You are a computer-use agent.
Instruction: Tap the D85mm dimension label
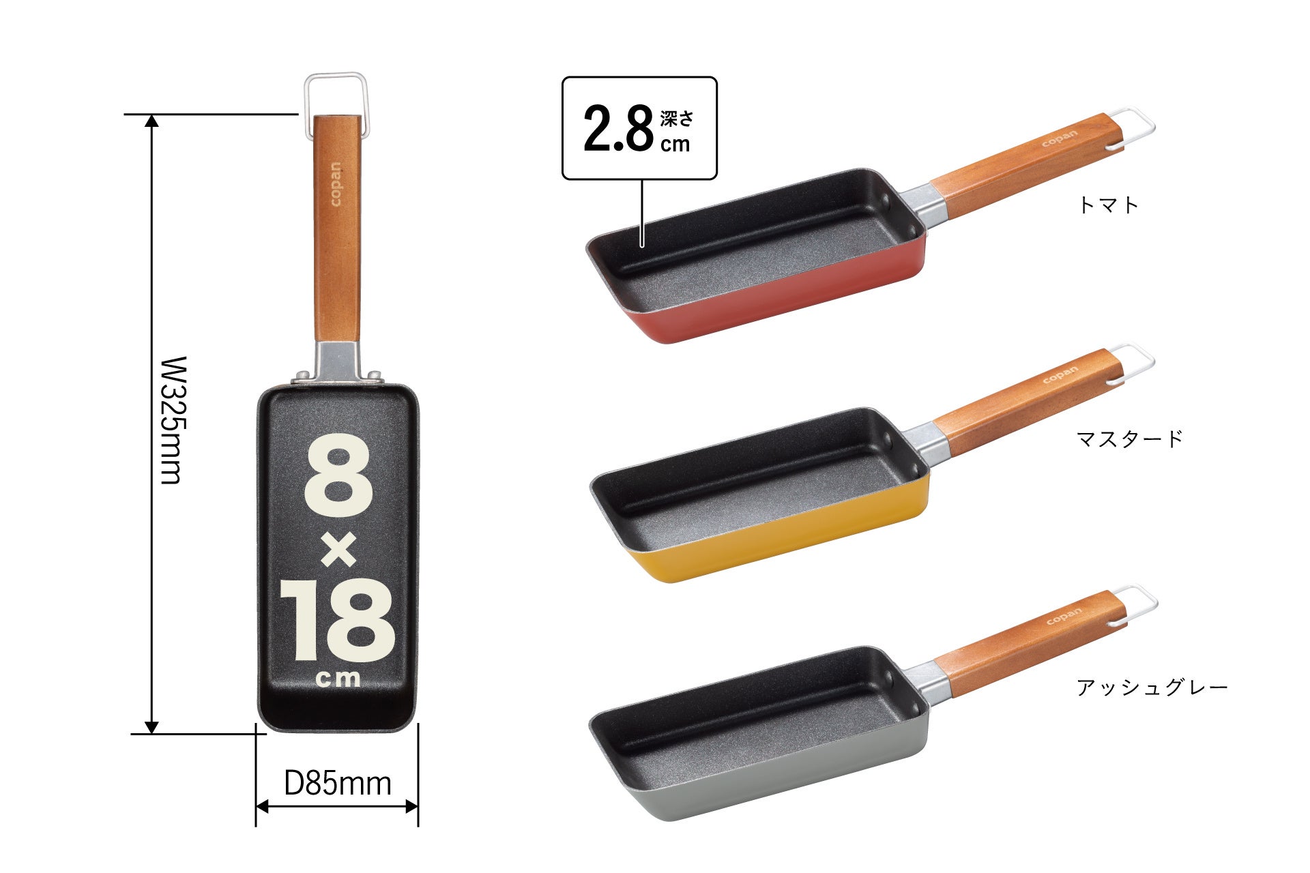[x=337, y=784]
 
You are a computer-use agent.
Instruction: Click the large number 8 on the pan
[x=338, y=475]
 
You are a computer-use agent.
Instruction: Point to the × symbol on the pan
[x=338, y=550]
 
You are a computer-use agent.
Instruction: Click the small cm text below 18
[x=338, y=679]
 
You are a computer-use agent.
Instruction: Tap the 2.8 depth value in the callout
[x=618, y=129]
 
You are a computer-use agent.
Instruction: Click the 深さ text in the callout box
[x=676, y=119]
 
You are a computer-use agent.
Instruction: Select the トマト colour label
[x=1108, y=205]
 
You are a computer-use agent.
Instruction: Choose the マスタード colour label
[x=1129, y=438]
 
